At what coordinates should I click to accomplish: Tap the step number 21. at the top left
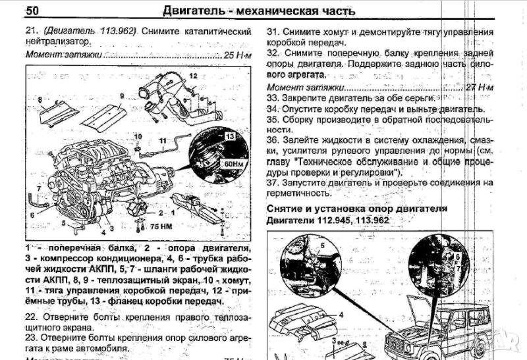coord(33,31)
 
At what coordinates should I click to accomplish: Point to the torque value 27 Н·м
coord(479,87)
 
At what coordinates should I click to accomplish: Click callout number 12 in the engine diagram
coord(193,77)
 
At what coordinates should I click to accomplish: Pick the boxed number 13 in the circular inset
coord(230,136)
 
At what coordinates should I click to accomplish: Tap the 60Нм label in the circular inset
coord(231,162)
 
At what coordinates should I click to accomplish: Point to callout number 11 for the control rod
coord(161,141)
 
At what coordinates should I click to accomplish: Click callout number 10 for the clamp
coord(138,136)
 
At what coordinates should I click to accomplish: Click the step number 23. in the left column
coord(33,336)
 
